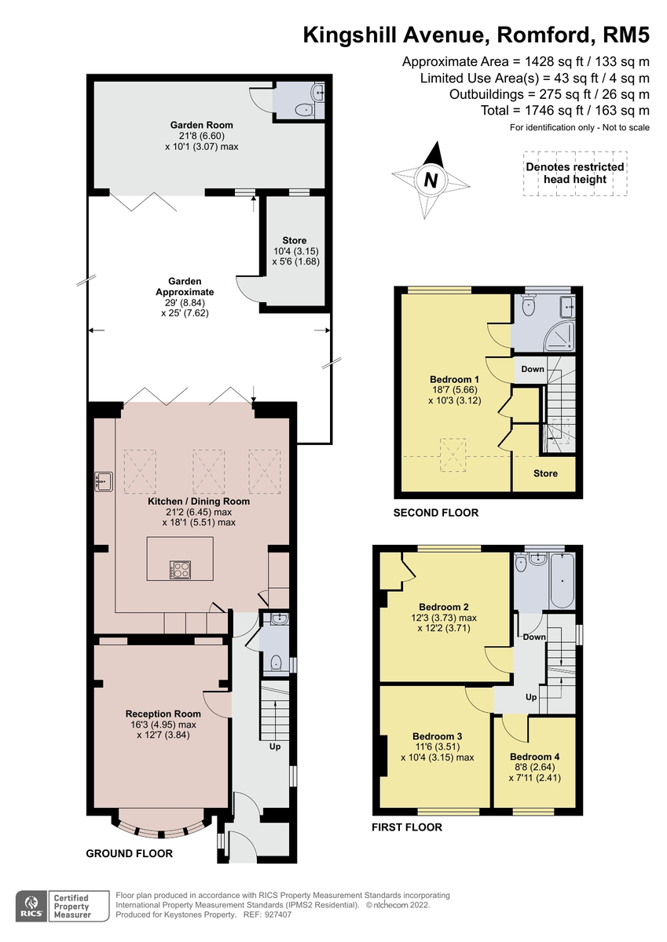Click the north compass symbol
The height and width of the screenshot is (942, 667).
tap(431, 180)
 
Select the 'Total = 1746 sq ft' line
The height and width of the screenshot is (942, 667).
tap(565, 111)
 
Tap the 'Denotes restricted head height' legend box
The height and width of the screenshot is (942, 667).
tap(574, 173)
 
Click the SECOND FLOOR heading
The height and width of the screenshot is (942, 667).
tap(436, 513)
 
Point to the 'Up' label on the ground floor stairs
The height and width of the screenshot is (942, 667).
tap(274, 747)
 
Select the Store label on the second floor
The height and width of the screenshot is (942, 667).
tap(545, 473)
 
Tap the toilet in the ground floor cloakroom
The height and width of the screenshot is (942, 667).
tap(276, 663)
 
